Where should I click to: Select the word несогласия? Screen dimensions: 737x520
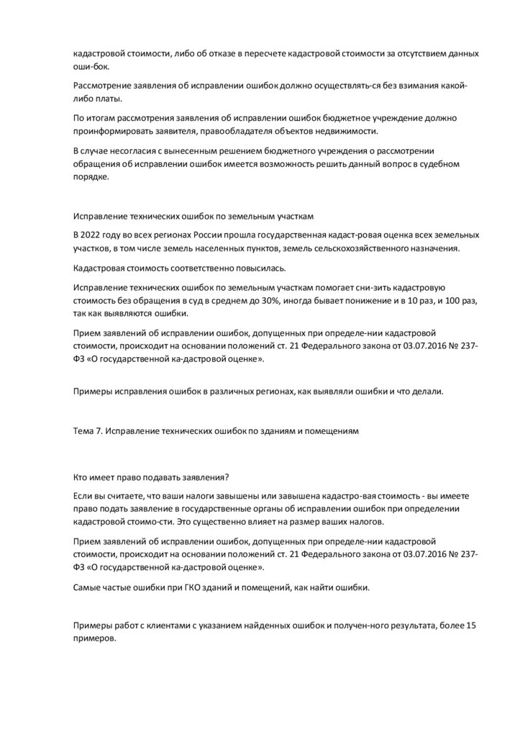point(130,150)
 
